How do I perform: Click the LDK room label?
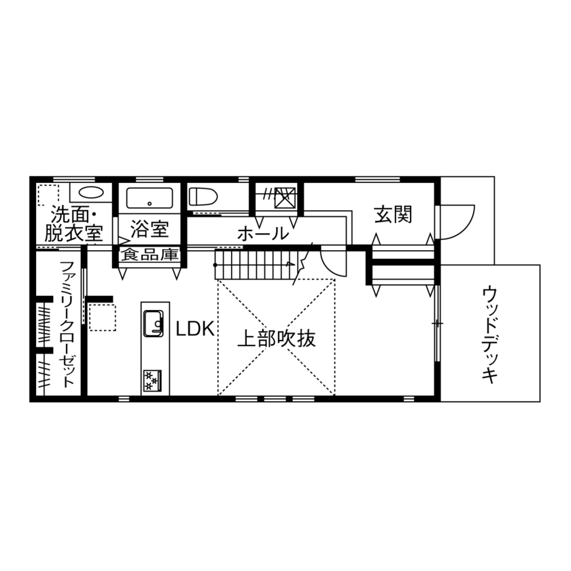tap(195, 330)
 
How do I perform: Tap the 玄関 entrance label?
tap(393, 215)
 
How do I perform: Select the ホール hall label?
tap(262, 234)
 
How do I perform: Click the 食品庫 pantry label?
tap(150, 255)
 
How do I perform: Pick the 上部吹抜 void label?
tap(276, 338)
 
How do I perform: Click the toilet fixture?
tap(202, 197)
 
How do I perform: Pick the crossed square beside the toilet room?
tap(284, 196)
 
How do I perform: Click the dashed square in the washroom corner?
tap(48, 195)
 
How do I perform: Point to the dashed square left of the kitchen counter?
tap(103, 317)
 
